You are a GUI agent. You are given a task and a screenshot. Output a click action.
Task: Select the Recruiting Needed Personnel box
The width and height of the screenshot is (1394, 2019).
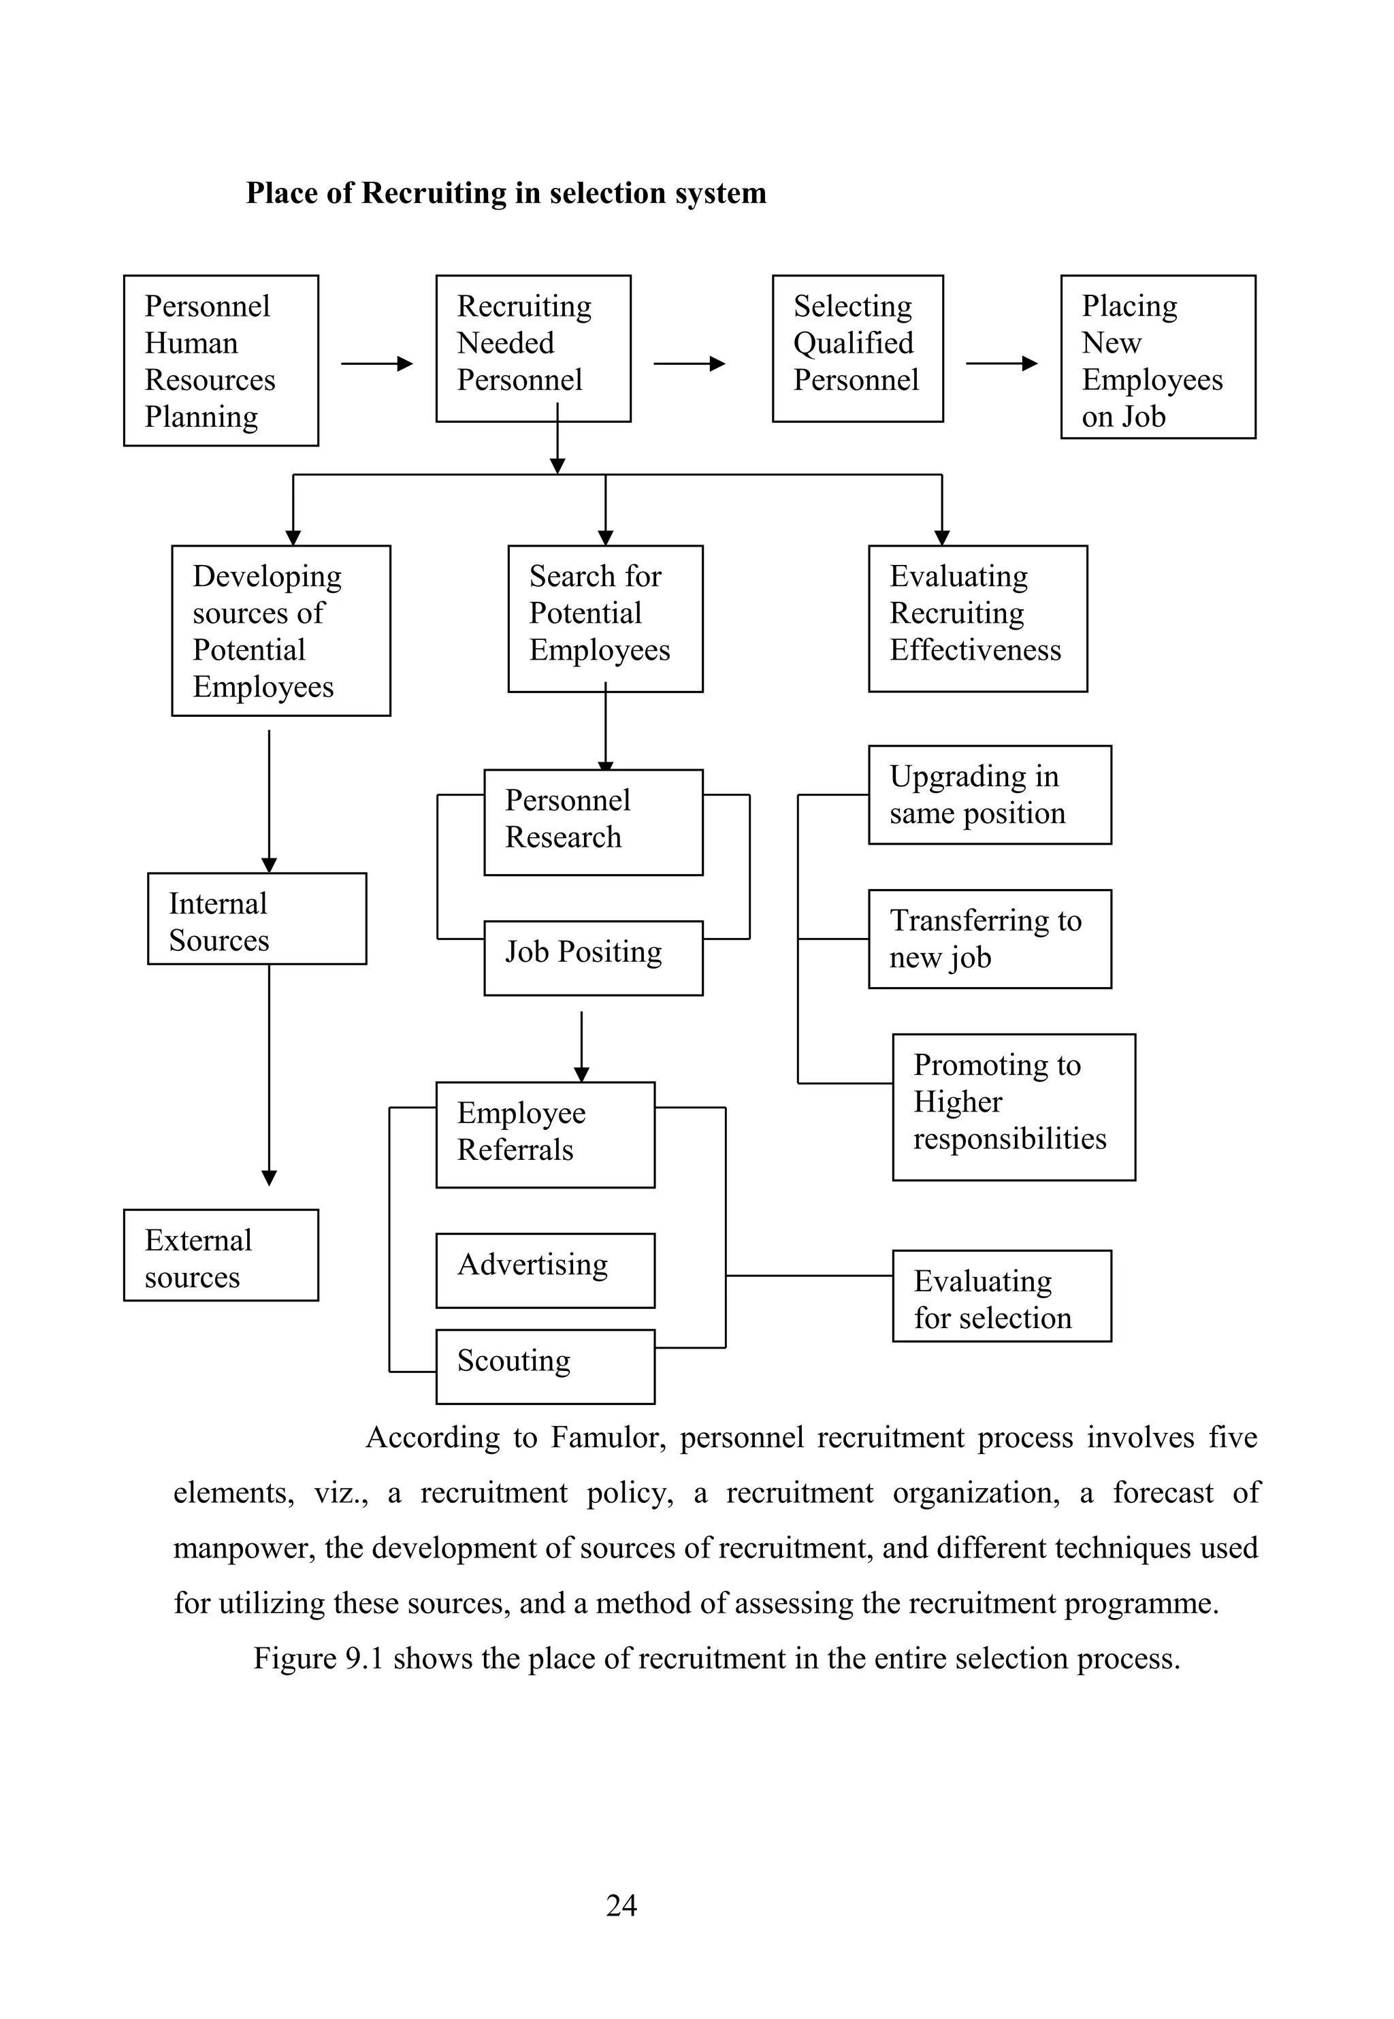533,348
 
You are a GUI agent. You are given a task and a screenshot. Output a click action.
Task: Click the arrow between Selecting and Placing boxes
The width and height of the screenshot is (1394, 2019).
1001,364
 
